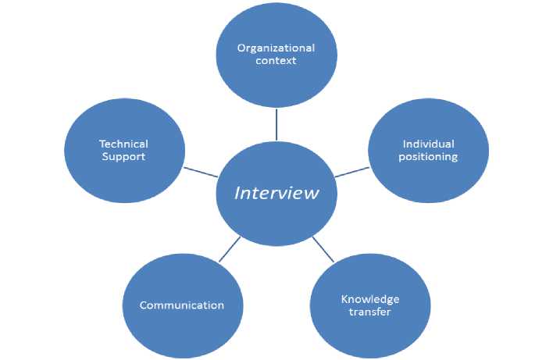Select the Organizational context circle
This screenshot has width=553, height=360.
(276, 55)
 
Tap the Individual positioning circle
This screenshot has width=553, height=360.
(428, 150)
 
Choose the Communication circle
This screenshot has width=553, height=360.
(182, 305)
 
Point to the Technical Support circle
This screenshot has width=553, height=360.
(123, 150)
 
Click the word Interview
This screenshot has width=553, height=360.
(276, 192)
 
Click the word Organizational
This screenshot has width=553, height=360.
(276, 48)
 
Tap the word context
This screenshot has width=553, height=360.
(276, 61)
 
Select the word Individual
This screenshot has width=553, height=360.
(428, 144)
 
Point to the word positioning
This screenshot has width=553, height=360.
(428, 156)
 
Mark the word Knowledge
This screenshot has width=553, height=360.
(370, 299)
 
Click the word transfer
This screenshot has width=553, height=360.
(370, 312)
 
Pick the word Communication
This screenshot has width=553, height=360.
(182, 305)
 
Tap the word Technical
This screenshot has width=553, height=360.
(123, 144)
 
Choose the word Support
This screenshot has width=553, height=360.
(123, 156)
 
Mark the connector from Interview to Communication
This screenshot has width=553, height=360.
(230, 248)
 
